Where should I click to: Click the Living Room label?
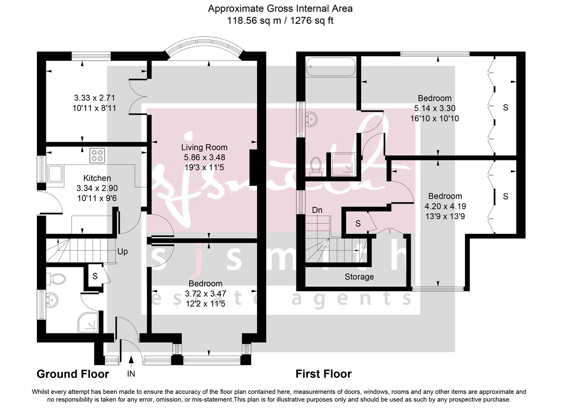click(205, 147)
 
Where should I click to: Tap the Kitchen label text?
click(97, 178)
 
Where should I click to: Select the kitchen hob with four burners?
click(97, 155)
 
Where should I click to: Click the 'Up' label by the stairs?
click(123, 251)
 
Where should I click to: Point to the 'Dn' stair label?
click(317, 211)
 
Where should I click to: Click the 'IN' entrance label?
click(131, 374)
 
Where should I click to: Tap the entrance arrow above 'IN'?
click(131, 360)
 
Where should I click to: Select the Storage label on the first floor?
click(359, 277)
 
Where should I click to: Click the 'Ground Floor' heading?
click(73, 374)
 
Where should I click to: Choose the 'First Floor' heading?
click(323, 374)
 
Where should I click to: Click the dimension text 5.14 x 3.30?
click(435, 109)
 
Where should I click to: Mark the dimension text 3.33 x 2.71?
click(94, 98)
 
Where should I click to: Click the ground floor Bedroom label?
click(205, 284)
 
